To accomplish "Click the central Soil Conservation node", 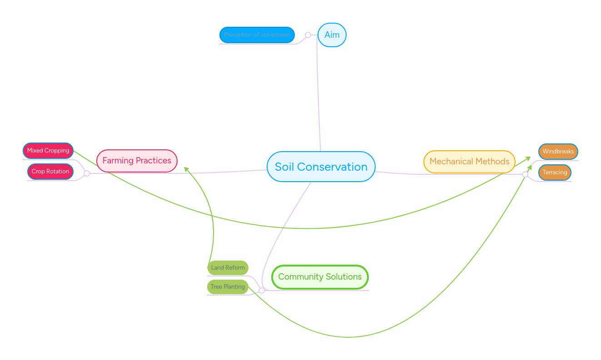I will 321,167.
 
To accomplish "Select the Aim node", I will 332,35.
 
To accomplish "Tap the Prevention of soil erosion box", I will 257,35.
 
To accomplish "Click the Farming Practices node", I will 137,161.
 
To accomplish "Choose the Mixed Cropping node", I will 48,151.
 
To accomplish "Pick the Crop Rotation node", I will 50,172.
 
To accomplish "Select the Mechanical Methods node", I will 469,162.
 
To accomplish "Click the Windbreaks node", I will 558,152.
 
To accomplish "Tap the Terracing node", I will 555,173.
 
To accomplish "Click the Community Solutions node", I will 320,277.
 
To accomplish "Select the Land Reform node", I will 228,268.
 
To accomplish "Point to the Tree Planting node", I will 228,287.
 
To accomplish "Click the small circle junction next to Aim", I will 308,35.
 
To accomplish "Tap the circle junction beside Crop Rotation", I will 87,173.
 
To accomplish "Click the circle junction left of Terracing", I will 525,174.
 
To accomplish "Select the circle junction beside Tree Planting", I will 262,291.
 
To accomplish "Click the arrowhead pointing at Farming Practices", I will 186,169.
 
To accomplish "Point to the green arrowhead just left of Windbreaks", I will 528,158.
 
